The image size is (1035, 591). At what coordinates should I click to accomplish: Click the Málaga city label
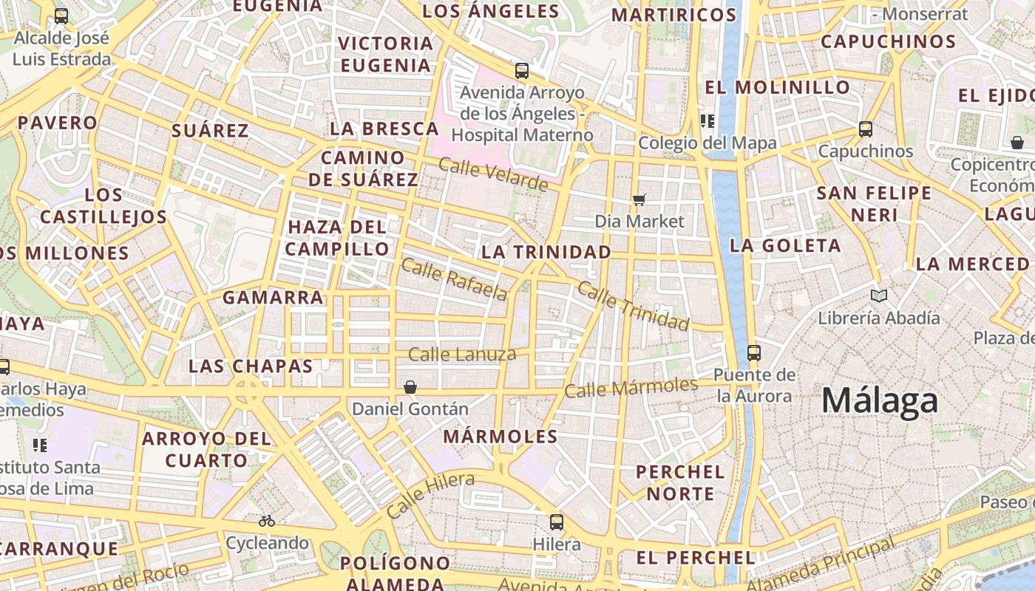880,400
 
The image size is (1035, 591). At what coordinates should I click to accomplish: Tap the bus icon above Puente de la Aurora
754,353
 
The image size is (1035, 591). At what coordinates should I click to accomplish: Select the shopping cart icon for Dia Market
639,199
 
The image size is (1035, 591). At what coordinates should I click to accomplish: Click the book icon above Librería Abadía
878,296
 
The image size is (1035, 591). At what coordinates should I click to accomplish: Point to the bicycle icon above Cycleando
267,522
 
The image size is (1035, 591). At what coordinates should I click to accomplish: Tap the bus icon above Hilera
557,522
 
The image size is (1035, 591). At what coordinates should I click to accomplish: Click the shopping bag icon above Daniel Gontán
410,387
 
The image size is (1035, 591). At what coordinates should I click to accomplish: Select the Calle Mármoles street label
631,387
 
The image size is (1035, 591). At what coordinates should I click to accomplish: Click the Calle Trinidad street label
633,306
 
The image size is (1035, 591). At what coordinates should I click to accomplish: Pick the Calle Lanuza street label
462,355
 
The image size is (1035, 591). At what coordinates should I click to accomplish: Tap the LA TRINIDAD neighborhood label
546,252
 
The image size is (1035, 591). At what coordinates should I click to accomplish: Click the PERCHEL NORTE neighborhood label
680,482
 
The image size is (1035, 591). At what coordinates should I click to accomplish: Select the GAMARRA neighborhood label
273,298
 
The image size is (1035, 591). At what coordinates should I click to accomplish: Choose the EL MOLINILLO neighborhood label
777,87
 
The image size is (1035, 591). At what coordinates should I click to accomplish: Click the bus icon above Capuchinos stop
866,129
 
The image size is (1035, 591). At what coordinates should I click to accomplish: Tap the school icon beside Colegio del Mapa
707,120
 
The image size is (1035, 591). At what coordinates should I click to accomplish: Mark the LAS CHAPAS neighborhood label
251,366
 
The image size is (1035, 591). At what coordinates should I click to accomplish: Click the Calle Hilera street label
430,494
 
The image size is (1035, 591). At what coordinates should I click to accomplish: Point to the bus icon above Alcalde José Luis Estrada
61,16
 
